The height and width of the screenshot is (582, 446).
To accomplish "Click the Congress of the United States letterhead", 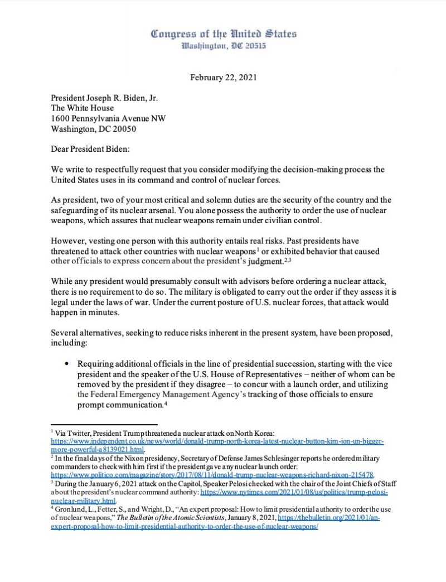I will pyautogui.click(x=223, y=34).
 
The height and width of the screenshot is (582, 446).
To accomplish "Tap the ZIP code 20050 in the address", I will pyautogui.click(x=124, y=128).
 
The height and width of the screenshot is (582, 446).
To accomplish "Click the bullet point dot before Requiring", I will pyautogui.click(x=67, y=363).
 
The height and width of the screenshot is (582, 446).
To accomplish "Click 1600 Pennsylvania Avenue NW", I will pyautogui.click(x=108, y=118).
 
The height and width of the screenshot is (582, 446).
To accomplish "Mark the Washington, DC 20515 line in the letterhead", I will pyautogui.click(x=223, y=45).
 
